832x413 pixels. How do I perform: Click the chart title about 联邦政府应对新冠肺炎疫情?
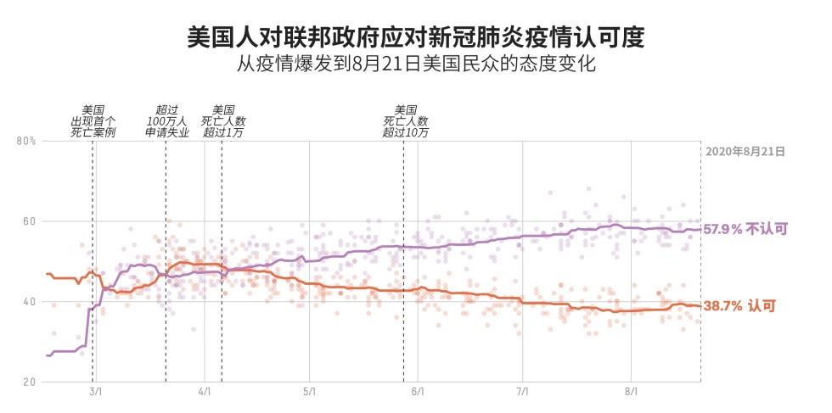point(415,37)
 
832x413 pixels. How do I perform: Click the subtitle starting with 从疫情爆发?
point(415,64)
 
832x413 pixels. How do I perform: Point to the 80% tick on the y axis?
point(26,141)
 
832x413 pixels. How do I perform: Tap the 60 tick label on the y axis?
point(29,221)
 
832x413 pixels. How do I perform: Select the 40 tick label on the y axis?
point(29,302)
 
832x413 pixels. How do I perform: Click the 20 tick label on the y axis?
point(29,382)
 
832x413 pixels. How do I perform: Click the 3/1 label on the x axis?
point(95,393)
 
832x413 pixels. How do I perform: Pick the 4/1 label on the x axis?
point(204,393)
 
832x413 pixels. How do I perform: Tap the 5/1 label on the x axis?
point(309,393)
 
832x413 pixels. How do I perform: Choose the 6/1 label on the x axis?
point(418,393)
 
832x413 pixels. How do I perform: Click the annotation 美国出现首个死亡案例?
point(93,121)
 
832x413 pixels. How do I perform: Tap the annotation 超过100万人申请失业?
point(166,121)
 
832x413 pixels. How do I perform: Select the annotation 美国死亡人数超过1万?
point(222,121)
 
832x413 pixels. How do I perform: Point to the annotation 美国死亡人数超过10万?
point(405,121)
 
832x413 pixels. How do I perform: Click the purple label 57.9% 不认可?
point(745,229)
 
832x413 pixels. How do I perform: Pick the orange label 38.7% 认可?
point(739,306)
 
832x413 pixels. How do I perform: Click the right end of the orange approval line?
point(699,306)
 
